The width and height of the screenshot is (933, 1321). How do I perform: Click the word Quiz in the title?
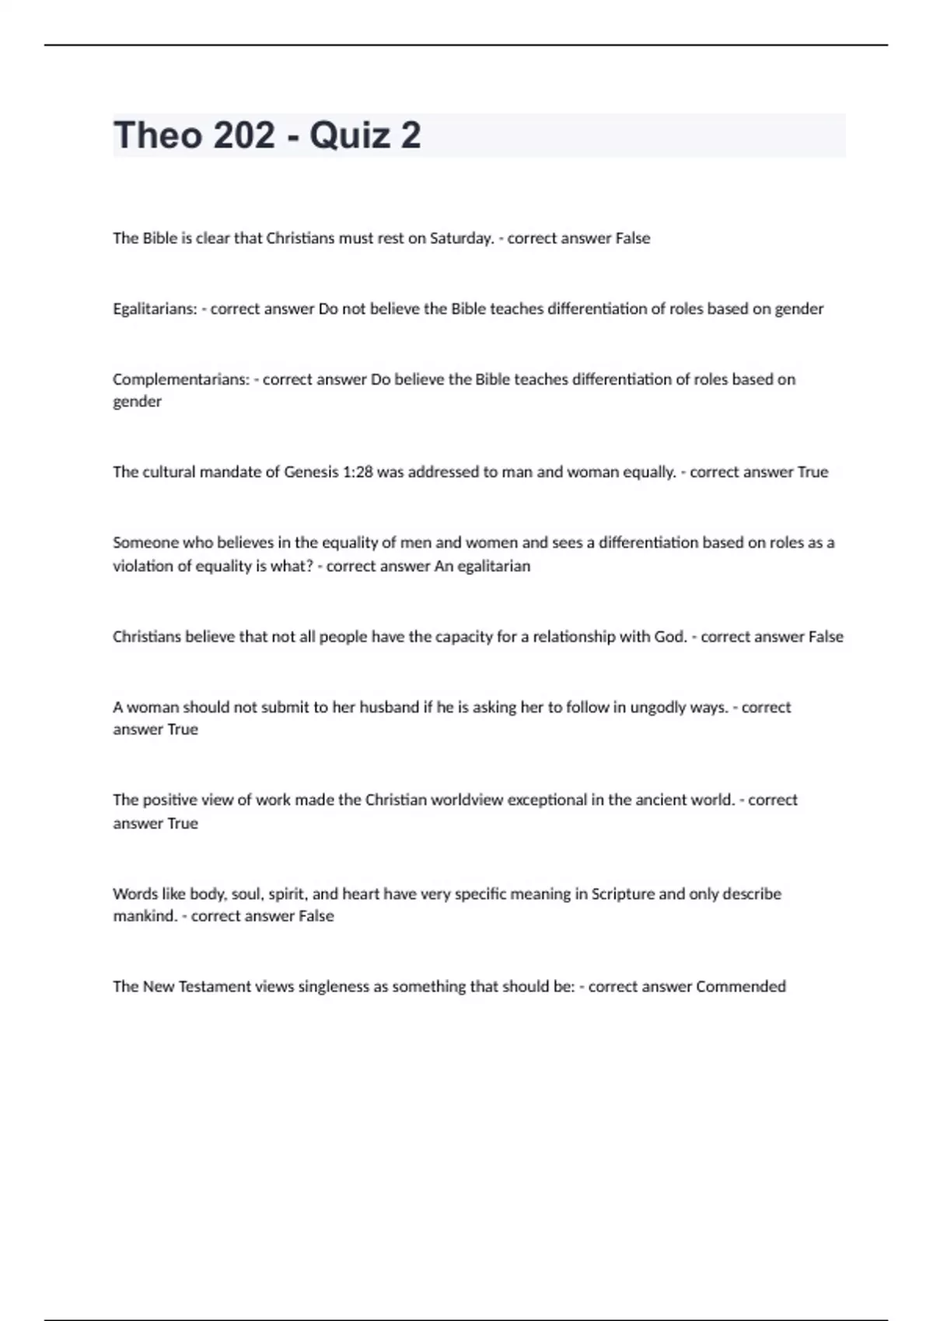click(x=349, y=135)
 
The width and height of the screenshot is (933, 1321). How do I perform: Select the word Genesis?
click(x=311, y=472)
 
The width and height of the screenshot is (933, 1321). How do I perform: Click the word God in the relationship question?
click(x=670, y=637)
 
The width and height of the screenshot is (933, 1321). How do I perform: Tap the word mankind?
click(x=145, y=916)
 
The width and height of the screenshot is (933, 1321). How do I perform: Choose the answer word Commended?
click(x=740, y=987)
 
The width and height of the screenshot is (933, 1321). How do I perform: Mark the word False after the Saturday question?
click(x=632, y=239)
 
